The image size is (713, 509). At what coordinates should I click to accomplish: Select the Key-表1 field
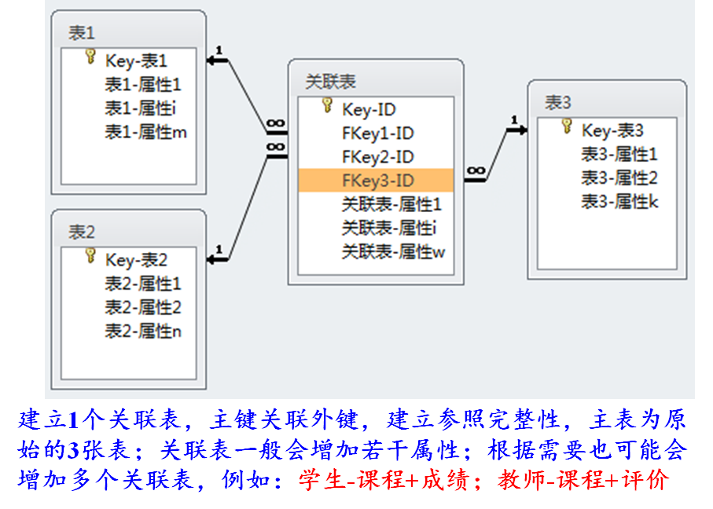pos(136,60)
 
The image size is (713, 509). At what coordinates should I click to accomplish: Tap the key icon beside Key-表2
pos(90,256)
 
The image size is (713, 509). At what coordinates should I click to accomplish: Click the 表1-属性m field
pos(145,132)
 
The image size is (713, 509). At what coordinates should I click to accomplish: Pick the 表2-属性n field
pos(143,331)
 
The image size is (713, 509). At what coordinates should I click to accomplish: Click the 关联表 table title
pos(330,82)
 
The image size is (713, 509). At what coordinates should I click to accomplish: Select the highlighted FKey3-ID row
pos(377,181)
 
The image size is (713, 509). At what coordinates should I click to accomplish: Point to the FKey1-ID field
pos(378,134)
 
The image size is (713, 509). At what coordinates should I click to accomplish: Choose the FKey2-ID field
pos(378,157)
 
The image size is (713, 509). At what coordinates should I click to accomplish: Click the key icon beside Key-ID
pos(328,106)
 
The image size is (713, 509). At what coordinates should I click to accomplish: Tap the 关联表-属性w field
pos(393,251)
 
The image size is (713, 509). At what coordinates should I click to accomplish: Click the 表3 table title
pos(558,102)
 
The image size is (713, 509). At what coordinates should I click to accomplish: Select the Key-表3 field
pos(612,130)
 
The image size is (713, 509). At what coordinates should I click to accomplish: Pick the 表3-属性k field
pos(619,202)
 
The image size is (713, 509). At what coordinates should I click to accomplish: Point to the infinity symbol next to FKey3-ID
pos(476,170)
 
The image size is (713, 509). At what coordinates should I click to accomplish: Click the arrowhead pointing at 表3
pos(520,130)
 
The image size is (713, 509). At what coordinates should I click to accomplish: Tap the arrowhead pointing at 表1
pos(213,60)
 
